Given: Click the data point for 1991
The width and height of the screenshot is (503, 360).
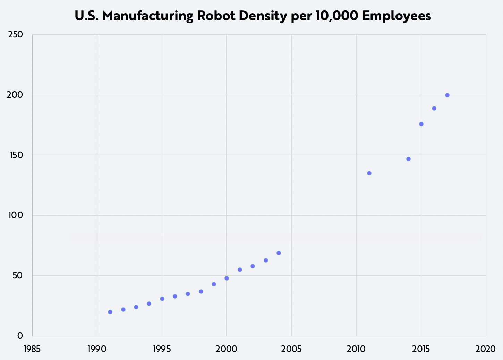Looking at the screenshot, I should (110, 312).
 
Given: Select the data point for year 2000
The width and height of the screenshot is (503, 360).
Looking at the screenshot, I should (227, 278).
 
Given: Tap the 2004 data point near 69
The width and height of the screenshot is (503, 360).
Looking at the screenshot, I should (279, 253).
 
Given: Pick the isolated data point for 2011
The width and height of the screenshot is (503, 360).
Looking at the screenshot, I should (369, 173).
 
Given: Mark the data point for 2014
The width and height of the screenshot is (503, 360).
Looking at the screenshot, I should (408, 159).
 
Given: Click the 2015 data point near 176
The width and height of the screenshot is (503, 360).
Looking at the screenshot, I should (421, 124).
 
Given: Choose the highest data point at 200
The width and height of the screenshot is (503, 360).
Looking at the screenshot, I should (447, 95).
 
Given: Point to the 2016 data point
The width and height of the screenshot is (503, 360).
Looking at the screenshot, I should (434, 108).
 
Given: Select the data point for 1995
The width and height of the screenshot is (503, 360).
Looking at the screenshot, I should (162, 299).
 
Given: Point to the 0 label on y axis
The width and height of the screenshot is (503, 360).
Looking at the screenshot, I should (20, 336).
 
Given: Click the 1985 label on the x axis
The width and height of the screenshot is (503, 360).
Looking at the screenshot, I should (32, 349).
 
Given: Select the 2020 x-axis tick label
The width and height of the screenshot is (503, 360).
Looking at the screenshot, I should (485, 349).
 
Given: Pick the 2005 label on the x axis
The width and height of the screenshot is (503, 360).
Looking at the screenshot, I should (291, 349).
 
